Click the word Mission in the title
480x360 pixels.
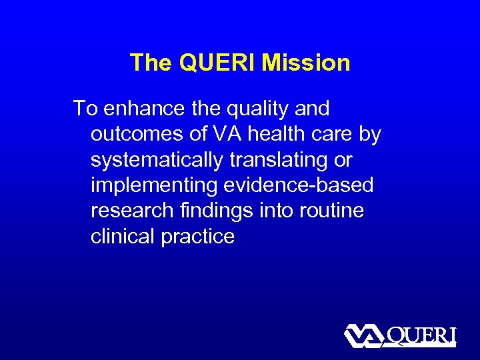[306, 63]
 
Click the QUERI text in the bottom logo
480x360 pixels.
[421, 335]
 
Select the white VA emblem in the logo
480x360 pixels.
[364, 336]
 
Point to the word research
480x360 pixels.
[131, 211]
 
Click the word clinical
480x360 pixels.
[123, 237]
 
